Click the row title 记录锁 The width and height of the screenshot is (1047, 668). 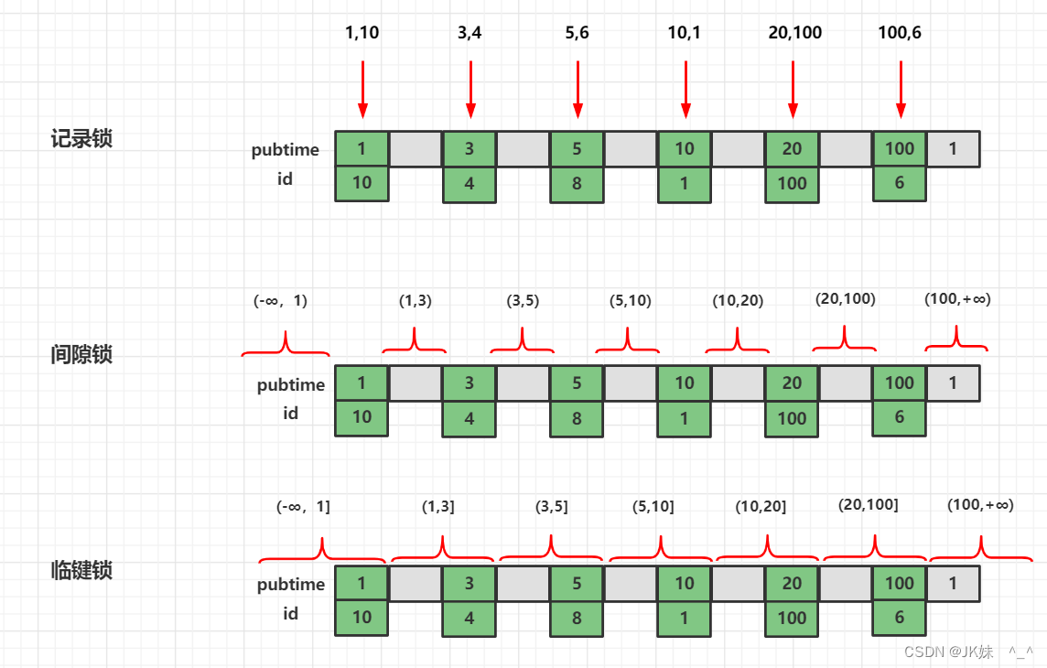pos(81,139)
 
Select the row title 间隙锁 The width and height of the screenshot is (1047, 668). pos(81,354)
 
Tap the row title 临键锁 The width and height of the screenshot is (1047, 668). pos(81,570)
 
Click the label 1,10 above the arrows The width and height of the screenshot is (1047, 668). pos(362,33)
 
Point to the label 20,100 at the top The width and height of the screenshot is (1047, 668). pos(793,33)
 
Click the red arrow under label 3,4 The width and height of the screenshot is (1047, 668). pos(470,90)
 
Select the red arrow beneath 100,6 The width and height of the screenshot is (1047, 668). pos(901,90)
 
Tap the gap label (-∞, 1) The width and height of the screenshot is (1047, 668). pos(280,301)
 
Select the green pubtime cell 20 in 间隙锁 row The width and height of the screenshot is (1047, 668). pos(793,382)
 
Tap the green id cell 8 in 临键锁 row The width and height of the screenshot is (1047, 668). pos(577,618)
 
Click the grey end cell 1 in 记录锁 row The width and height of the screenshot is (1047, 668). pos(953,149)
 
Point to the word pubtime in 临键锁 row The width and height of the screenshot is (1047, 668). pos(291,584)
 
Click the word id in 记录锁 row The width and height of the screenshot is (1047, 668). pos(286,179)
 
